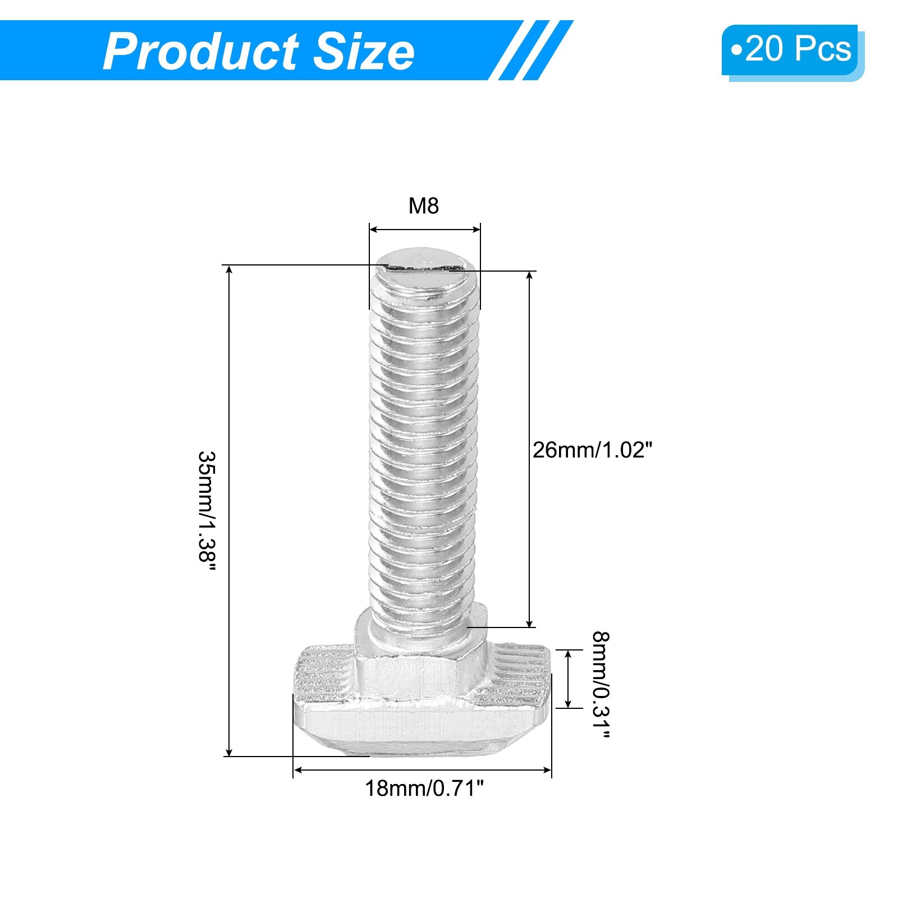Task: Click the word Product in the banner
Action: (200, 52)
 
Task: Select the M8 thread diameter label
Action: (424, 206)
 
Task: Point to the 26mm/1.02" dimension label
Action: (593, 450)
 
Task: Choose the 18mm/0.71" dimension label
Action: (424, 789)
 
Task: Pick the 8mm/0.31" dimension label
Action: (601, 685)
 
